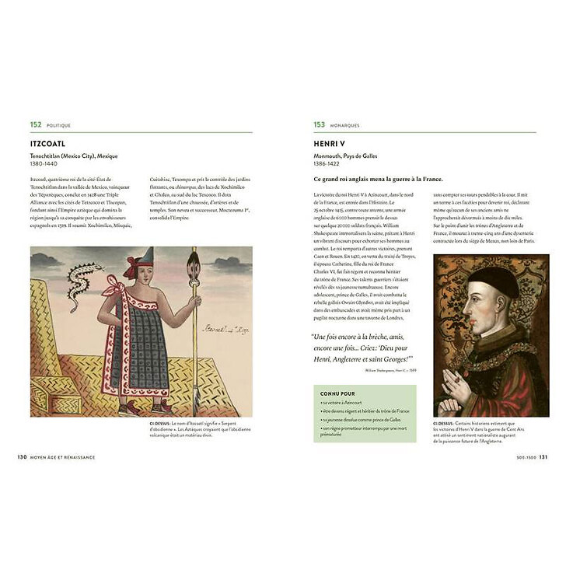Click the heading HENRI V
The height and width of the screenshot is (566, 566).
(x=329, y=144)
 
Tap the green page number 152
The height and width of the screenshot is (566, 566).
(x=35, y=124)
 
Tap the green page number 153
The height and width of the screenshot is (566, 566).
(x=319, y=124)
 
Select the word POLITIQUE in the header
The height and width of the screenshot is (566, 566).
(x=58, y=125)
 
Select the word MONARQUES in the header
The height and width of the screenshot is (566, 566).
(x=344, y=125)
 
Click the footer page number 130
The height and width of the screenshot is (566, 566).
(x=23, y=456)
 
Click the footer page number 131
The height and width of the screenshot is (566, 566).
(x=543, y=456)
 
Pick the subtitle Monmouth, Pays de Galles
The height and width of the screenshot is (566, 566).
(x=346, y=155)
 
